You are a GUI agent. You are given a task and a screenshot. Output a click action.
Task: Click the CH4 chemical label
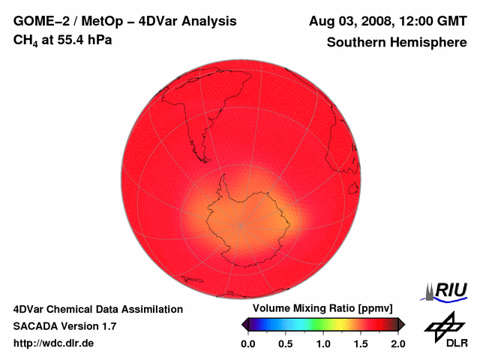point(26,40)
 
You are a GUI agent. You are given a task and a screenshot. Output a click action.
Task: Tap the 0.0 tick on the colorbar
point(248,343)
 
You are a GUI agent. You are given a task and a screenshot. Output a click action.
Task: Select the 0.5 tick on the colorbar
point(286,343)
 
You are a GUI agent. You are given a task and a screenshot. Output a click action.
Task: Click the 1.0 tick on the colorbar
point(323,343)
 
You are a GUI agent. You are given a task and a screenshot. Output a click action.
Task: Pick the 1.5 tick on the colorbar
point(361,343)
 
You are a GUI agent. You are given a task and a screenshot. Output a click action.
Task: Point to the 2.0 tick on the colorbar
point(397,343)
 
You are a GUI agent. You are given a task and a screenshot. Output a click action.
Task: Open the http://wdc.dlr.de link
point(54,343)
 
